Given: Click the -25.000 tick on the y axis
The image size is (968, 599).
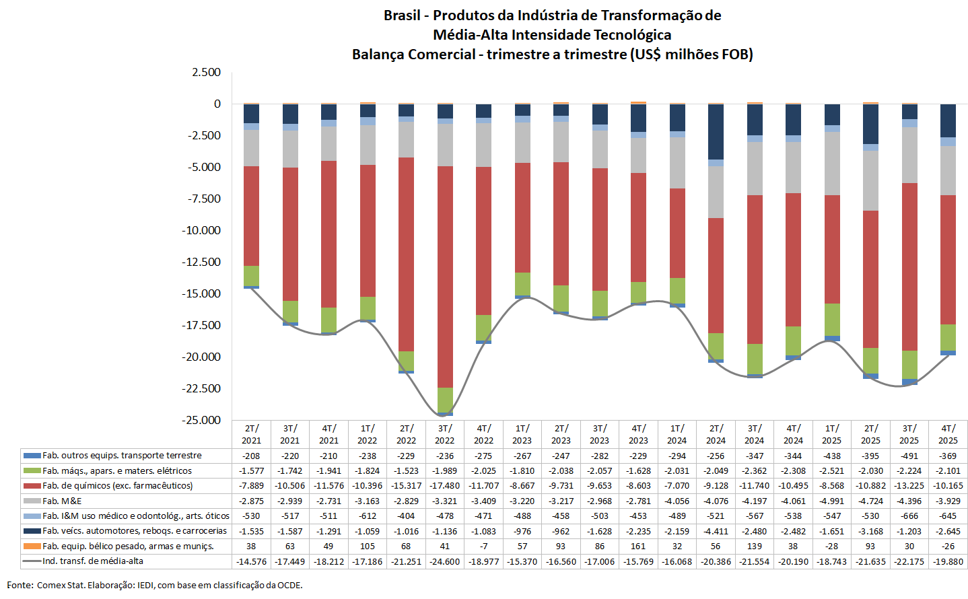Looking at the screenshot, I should tap(201, 420).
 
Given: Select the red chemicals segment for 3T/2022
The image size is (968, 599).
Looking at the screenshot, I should tap(445, 277).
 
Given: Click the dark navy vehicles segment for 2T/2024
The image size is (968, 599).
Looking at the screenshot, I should tap(716, 132).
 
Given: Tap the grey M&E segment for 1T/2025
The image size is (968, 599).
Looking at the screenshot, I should tap(832, 164).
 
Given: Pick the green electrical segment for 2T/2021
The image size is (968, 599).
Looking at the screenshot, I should tap(251, 276).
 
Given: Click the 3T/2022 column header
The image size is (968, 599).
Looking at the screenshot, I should tap(445, 434).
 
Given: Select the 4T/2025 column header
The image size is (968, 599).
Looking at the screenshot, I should tap(948, 434).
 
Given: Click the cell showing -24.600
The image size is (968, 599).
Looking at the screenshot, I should tap(445, 561).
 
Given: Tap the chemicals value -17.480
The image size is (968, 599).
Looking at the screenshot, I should tap(445, 486).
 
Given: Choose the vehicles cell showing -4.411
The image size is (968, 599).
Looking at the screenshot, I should tap(716, 531).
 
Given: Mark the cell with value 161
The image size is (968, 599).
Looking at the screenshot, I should tap(638, 547).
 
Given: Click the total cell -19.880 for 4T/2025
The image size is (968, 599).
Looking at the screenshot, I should tap(948, 561).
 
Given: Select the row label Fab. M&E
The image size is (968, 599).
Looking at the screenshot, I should tap(62, 501).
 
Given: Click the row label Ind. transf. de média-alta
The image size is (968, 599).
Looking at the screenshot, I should tap(93, 561).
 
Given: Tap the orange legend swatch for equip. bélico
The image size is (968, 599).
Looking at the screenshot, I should tap(32, 547).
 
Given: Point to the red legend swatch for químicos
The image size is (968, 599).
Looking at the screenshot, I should tap(32, 486).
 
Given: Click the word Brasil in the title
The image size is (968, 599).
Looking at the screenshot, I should tap(402, 15).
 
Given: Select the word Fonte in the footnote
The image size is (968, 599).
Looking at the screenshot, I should tap(20, 586).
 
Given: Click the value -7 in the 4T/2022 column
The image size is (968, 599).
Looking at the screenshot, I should tap(483, 547).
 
